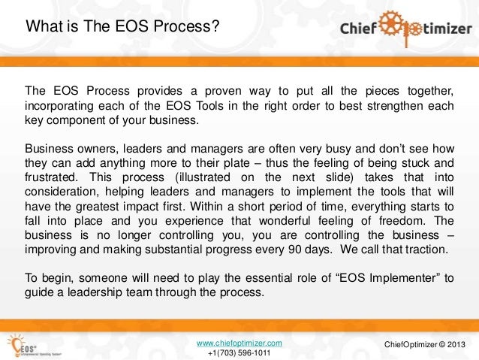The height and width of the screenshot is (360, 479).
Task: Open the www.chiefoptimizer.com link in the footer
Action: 239,343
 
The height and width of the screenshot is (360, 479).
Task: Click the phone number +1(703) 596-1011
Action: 239,353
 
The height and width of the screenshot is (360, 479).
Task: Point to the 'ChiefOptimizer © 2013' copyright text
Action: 424,344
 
